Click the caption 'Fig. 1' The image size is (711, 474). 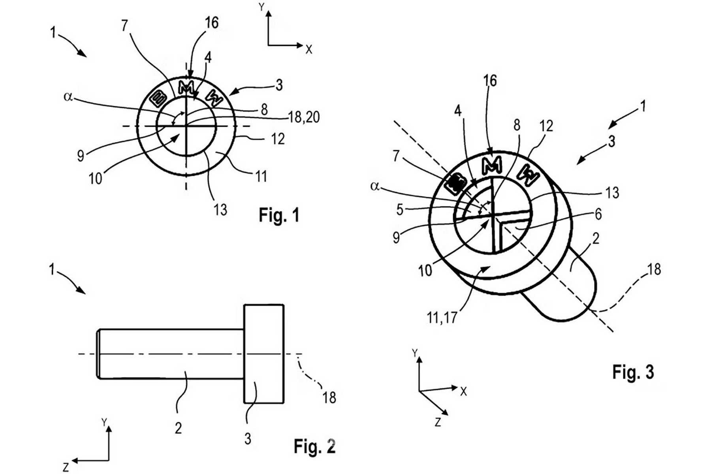pyautogui.click(x=279, y=215)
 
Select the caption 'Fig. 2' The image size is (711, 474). pyautogui.click(x=314, y=446)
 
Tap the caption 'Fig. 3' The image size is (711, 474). pyautogui.click(x=633, y=372)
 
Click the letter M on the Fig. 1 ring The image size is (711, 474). pyautogui.click(x=186, y=87)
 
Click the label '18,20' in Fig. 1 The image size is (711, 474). pyautogui.click(x=304, y=117)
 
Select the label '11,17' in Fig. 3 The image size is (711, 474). pyautogui.click(x=442, y=317)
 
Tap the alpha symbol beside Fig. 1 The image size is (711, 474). pyautogui.click(x=68, y=97)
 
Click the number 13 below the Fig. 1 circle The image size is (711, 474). pyautogui.click(x=220, y=209)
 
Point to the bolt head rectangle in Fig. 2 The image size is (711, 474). pyautogui.click(x=264, y=354)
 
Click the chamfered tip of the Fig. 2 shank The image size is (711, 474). pyautogui.click(x=98, y=354)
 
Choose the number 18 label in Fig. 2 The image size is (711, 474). pyautogui.click(x=329, y=398)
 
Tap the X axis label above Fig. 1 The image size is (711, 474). pyautogui.click(x=309, y=49)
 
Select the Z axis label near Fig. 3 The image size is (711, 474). pyautogui.click(x=438, y=423)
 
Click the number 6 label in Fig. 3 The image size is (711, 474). pyautogui.click(x=598, y=214)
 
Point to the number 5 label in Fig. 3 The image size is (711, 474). pyautogui.click(x=400, y=210)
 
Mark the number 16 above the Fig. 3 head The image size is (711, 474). pyautogui.click(x=490, y=81)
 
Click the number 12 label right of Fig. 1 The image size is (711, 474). pyautogui.click(x=278, y=139)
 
